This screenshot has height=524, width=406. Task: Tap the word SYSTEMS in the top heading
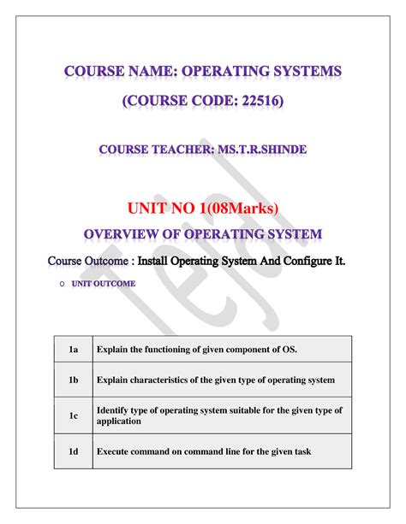click(x=301, y=72)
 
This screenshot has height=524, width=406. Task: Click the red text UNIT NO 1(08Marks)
click(x=204, y=207)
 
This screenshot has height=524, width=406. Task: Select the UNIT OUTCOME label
click(x=104, y=283)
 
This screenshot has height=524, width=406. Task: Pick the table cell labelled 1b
click(x=74, y=380)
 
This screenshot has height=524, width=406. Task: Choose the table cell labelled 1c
click(x=74, y=415)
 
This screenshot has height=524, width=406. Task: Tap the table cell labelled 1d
click(x=74, y=450)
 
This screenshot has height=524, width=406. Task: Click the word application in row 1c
click(x=121, y=421)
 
